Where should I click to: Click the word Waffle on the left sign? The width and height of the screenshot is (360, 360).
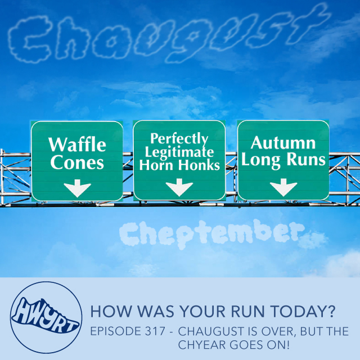click(77, 145)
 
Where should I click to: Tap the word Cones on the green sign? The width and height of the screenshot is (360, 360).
click(77, 163)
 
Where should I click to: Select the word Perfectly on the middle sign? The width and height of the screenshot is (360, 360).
click(179, 139)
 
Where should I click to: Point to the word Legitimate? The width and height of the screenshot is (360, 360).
click(179, 152)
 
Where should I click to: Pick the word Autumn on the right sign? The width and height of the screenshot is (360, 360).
click(283, 143)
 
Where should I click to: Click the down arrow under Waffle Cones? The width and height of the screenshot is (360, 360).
click(78, 188)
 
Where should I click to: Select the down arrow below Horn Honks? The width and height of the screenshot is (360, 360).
click(179, 187)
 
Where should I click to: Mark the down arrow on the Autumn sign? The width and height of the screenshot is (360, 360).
click(283, 187)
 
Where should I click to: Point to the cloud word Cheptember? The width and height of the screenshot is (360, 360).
click(213, 234)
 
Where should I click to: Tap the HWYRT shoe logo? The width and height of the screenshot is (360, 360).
click(46, 317)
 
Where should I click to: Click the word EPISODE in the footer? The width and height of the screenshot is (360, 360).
click(116, 331)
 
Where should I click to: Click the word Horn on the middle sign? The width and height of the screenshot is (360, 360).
click(156, 165)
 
